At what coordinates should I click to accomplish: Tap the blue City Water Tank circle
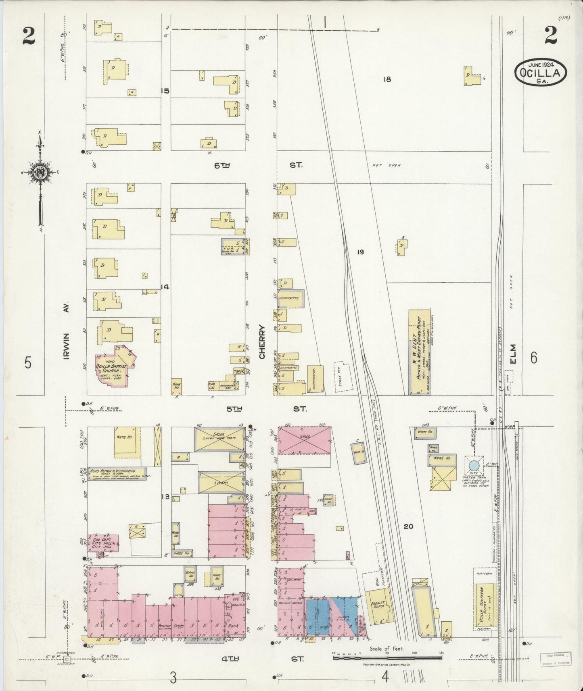tap(474, 466)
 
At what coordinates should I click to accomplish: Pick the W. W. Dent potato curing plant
tap(419, 352)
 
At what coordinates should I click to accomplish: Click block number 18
tap(387, 79)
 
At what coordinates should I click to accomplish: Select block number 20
tap(408, 526)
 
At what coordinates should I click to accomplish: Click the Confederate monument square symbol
tap(67, 659)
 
